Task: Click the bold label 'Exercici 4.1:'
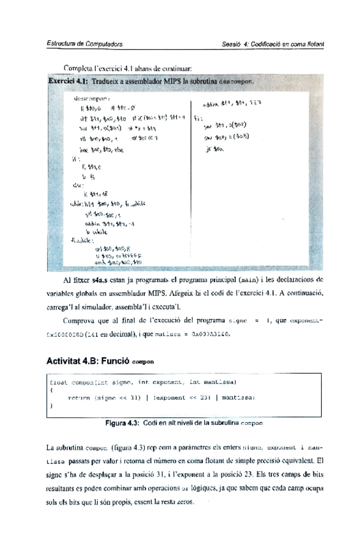(x=69, y=82)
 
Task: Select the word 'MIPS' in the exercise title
(x=170, y=82)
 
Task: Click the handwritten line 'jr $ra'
(x=211, y=148)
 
